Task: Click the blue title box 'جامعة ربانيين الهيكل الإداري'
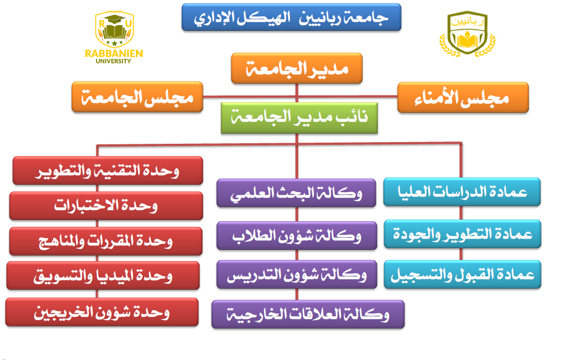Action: click(292, 17)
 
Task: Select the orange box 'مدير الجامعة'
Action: click(297, 68)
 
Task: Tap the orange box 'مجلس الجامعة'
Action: click(137, 97)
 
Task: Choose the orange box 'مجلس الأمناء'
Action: click(463, 97)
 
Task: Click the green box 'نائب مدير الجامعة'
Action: click(299, 118)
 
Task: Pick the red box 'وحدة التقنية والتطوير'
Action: click(108, 171)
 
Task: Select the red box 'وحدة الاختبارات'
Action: click(106, 206)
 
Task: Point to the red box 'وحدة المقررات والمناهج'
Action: click(106, 241)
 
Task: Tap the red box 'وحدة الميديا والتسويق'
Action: click(103, 276)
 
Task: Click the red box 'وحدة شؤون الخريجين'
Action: click(102, 312)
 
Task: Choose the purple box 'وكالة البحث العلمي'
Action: click(296, 193)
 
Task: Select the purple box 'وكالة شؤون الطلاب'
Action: click(297, 236)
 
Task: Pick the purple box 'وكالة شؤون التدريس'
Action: click(297, 275)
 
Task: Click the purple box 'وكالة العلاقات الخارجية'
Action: click(308, 315)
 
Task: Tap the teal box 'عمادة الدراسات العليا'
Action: click(462, 192)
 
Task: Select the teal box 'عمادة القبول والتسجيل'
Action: click(463, 275)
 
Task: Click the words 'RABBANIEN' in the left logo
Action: click(114, 53)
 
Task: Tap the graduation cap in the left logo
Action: click(115, 19)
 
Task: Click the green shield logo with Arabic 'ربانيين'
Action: click(467, 34)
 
